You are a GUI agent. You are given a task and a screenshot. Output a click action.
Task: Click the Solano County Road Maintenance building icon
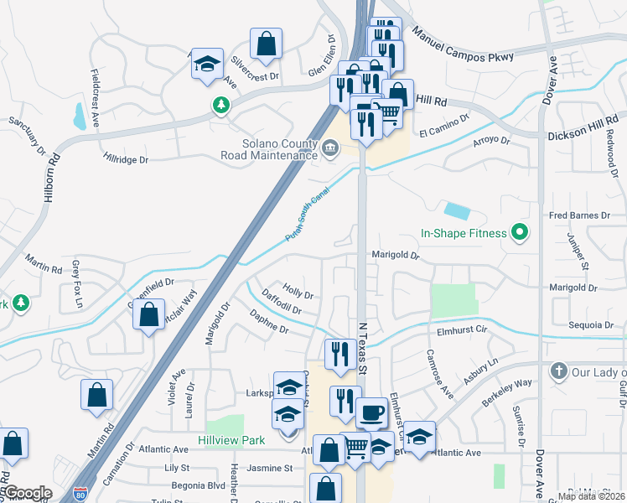click(x=330, y=149)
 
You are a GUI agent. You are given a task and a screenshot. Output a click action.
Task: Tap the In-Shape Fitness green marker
click(x=519, y=233)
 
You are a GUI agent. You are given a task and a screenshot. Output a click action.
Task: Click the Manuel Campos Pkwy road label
click(x=473, y=47)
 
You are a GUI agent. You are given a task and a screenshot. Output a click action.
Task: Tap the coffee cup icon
click(x=370, y=412)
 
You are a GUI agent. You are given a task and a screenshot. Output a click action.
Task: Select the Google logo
click(x=27, y=493)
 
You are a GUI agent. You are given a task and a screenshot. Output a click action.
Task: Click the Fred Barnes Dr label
click(x=579, y=215)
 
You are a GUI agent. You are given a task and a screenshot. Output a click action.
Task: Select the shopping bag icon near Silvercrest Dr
click(x=266, y=45)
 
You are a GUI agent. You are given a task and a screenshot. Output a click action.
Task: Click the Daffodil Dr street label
click(x=282, y=303)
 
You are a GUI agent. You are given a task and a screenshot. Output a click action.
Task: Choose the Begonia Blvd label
click(x=194, y=485)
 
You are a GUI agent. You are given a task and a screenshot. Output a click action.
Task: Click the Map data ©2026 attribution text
click(x=590, y=496)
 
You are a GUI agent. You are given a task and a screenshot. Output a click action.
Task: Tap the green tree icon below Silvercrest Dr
click(x=220, y=105)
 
